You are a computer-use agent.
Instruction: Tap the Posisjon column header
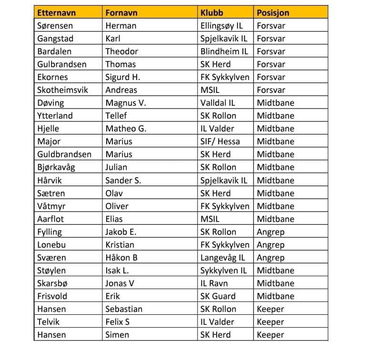point(273,13)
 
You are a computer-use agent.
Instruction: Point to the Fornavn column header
point(122,13)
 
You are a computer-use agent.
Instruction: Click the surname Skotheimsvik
point(62,90)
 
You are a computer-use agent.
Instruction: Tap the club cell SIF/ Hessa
point(220,141)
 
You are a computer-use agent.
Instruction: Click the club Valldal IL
point(218,103)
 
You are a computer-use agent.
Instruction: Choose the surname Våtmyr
point(52,206)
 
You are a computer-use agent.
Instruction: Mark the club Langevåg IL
point(222,258)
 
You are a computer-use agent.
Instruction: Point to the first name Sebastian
point(124,309)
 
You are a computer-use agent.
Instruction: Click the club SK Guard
point(218,296)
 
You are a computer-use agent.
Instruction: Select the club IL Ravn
point(214,283)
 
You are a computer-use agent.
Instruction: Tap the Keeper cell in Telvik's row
point(270,322)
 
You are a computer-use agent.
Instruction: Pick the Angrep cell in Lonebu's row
point(271,245)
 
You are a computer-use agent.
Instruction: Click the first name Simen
point(117,335)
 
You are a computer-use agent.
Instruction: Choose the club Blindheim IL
point(224,51)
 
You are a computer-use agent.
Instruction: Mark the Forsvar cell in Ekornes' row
point(271,77)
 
